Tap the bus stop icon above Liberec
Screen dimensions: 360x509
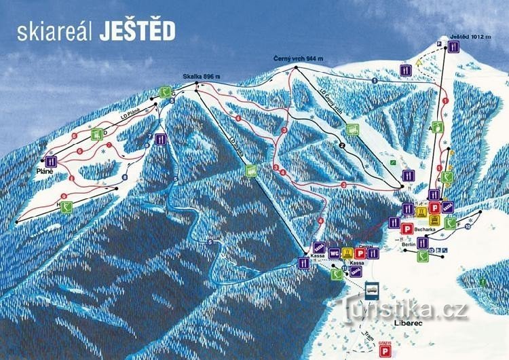[372, 290]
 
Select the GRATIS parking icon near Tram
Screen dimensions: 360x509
[385, 349]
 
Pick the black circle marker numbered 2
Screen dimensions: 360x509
[343, 144]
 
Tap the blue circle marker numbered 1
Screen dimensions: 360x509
[375, 81]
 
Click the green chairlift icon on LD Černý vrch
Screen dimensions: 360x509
[352, 129]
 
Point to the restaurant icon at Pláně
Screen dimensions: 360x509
[50, 162]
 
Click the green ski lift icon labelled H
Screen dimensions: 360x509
[66, 208]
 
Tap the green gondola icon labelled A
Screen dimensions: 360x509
[438, 126]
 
